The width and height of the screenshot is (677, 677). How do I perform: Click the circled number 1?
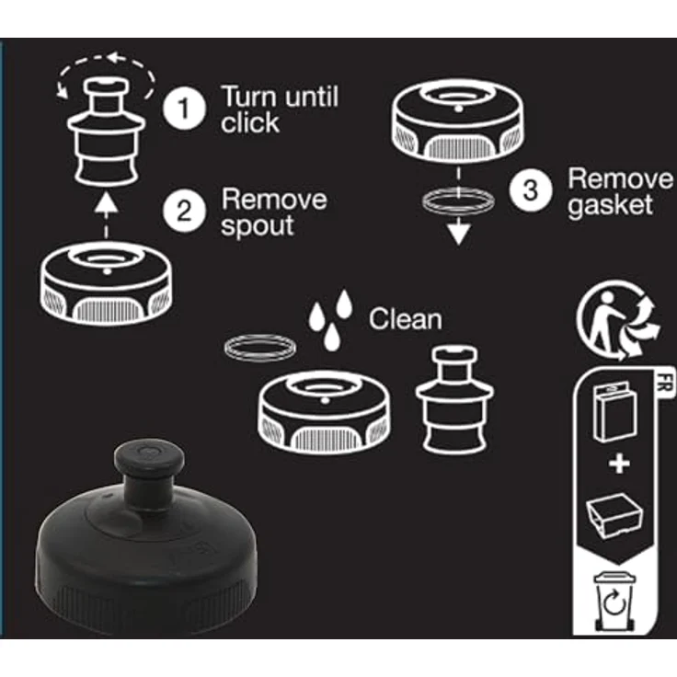(x=184, y=108)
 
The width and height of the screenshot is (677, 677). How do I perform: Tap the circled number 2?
(x=184, y=212)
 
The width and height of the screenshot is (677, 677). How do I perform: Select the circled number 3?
(x=530, y=190)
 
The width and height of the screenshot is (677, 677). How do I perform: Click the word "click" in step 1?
(x=250, y=122)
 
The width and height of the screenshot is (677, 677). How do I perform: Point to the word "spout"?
(x=258, y=225)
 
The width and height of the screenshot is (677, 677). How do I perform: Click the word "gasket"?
(x=610, y=205)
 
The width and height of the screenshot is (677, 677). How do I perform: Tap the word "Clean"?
(x=405, y=319)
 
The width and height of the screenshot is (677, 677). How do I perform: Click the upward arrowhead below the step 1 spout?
(x=106, y=203)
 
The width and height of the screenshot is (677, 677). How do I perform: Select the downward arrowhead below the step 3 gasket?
(x=458, y=234)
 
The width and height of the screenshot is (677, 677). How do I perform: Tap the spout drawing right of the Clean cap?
(x=454, y=399)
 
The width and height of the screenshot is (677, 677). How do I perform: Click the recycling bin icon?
(x=614, y=601)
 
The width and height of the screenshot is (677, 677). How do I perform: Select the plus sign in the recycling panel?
(x=619, y=465)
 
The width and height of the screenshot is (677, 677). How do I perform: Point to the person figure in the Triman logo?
(x=606, y=319)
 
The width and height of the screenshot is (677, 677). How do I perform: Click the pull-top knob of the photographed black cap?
(x=149, y=458)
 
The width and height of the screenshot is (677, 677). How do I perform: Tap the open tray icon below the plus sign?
(x=614, y=516)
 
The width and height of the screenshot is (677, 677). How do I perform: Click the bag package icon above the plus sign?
(x=614, y=413)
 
